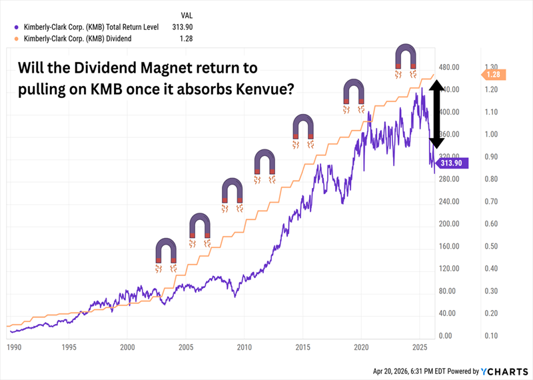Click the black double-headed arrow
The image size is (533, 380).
(x=436, y=113)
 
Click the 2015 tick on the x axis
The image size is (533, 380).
(x=302, y=347)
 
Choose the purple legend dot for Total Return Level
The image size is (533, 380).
(x=15, y=27)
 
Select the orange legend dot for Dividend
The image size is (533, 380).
(x=15, y=39)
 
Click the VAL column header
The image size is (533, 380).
(x=187, y=14)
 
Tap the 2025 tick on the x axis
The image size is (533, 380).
(x=420, y=347)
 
